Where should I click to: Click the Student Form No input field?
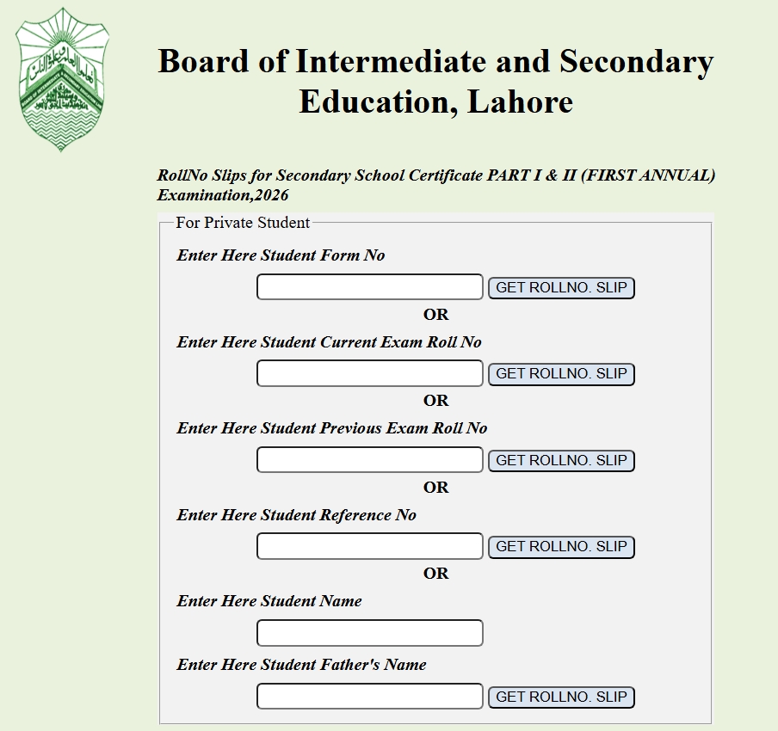click(369, 287)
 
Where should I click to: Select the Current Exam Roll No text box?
click(369, 373)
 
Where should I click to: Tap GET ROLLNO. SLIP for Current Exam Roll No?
click(561, 374)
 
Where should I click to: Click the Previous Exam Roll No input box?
click(369, 460)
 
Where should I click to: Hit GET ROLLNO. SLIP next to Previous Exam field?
click(561, 460)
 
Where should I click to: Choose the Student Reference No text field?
click(369, 546)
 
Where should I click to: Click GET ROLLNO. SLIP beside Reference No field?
click(561, 546)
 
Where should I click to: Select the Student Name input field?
click(369, 633)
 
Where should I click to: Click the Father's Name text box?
click(369, 697)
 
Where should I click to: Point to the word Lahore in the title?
click(520, 102)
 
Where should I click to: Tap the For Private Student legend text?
click(243, 223)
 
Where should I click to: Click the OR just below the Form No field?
click(435, 315)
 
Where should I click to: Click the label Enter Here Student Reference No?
click(296, 515)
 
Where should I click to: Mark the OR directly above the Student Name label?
click(435, 574)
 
